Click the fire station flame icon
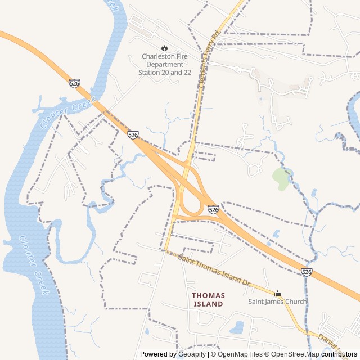coord(165,48)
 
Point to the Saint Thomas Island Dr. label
coord(213,269)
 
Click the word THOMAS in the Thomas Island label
coord(208,295)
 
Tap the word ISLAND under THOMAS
coord(208,304)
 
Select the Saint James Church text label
coord(278,301)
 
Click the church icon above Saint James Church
coord(277,293)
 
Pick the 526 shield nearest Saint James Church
coord(307,272)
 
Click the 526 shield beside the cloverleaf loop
coord(213,209)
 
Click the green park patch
coord(281,178)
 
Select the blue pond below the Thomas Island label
coord(237,327)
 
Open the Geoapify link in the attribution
coord(192,354)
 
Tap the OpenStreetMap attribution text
coord(292,354)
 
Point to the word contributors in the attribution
coord(339,354)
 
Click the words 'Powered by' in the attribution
coord(158,354)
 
